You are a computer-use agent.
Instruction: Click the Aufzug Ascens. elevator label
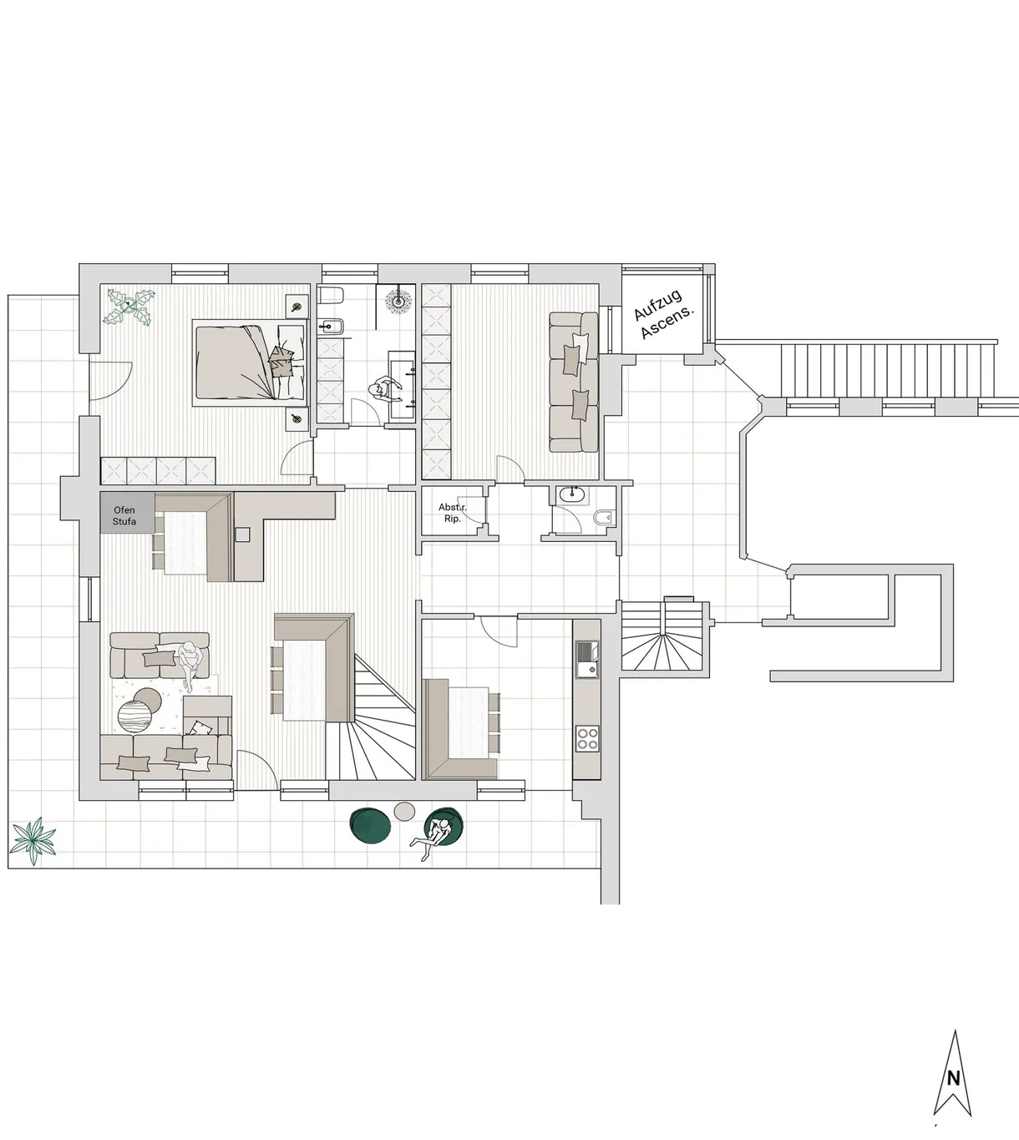(x=664, y=314)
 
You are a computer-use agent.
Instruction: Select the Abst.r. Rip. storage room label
(x=453, y=513)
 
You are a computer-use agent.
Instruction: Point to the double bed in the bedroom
(x=251, y=362)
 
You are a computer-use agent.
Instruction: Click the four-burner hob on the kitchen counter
(x=587, y=738)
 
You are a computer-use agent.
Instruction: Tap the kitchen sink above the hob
(x=587, y=660)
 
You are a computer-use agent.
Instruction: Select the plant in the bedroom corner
(x=129, y=307)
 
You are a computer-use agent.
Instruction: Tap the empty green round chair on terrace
(x=370, y=825)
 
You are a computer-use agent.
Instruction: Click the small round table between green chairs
(x=404, y=811)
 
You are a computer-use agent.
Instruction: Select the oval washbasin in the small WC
(x=572, y=495)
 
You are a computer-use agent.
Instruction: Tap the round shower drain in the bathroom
(x=398, y=301)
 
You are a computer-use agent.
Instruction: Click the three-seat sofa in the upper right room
(x=573, y=382)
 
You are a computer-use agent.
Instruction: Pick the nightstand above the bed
(x=297, y=307)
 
